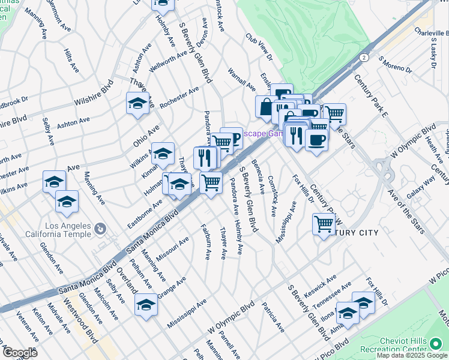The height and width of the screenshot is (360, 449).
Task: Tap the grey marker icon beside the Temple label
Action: click(x=100, y=229)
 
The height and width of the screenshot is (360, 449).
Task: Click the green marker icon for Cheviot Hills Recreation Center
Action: click(x=436, y=344)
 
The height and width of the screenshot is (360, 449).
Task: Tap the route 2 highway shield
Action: click(x=364, y=58)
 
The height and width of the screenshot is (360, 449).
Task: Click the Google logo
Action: click(x=20, y=353)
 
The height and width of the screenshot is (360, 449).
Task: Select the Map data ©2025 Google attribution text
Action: click(x=412, y=355)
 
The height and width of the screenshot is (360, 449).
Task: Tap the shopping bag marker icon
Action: click(x=266, y=106)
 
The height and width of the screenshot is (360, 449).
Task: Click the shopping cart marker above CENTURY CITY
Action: click(x=324, y=224)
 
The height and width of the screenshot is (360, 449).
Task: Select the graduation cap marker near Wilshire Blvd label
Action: click(x=137, y=103)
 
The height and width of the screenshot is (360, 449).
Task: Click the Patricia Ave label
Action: click(x=273, y=318)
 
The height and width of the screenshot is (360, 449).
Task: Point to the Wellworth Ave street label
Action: click(x=169, y=60)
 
